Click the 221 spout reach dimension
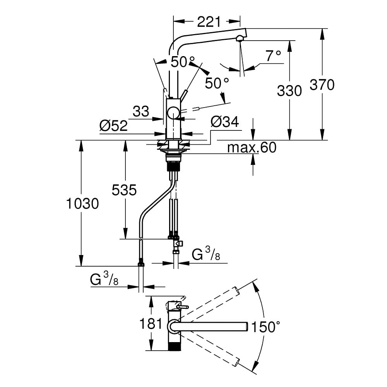[x=209, y=22]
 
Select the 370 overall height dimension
[x=322, y=84]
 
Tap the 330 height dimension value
[x=289, y=91]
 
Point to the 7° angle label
[x=273, y=57]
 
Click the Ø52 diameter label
[x=113, y=125]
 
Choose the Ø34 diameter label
[x=224, y=122]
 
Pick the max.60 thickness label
[x=252, y=147]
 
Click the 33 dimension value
[x=140, y=112]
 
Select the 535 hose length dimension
[x=124, y=190]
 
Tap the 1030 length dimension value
[x=82, y=203]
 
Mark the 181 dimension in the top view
[x=149, y=323]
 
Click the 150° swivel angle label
[x=265, y=327]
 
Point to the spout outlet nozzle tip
[x=240, y=38]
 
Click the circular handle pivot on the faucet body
[x=173, y=113]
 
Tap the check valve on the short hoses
[x=178, y=244]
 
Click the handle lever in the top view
[x=181, y=307]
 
